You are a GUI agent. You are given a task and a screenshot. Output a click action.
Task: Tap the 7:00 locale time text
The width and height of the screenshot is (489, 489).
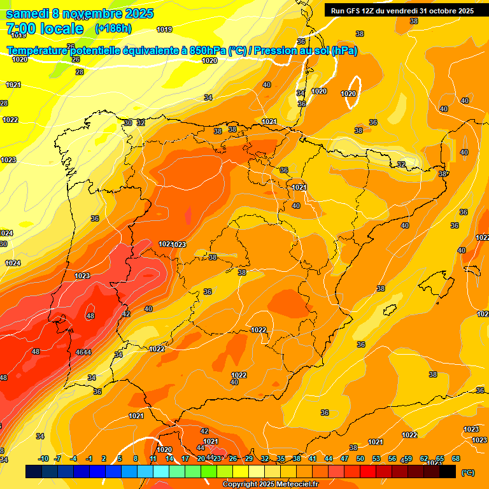tap(45, 29)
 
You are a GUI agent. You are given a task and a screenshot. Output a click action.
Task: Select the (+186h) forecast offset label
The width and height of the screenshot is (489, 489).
tap(113, 29)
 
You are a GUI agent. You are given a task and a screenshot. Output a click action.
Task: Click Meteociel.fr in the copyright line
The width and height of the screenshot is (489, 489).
tap(294, 485)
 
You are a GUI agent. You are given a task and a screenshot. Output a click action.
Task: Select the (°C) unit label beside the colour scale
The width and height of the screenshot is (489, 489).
tap(467, 472)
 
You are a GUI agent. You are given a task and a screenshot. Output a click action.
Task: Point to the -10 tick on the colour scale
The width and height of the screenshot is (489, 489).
tap(43, 458)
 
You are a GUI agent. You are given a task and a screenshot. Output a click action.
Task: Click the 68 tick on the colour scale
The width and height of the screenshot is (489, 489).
tap(456, 458)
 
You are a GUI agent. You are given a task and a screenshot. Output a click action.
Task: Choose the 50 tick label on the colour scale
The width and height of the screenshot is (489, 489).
tap(360, 458)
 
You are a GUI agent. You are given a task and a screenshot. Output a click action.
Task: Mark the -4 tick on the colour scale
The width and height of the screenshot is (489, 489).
tap(73, 458)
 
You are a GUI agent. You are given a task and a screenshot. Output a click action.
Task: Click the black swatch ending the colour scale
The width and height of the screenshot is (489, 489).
tap(448, 472)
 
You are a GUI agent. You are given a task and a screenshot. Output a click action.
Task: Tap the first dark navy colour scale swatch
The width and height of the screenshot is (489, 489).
tap(34, 472)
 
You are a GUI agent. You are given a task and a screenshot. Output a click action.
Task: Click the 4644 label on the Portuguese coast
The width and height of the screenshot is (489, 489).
tap(83, 352)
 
